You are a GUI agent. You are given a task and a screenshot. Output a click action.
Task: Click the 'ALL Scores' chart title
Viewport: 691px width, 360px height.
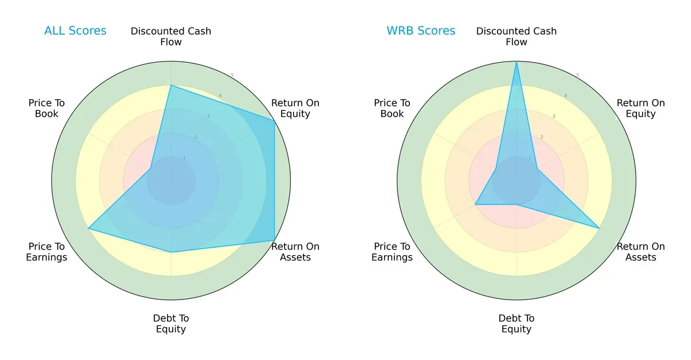[x=75, y=31]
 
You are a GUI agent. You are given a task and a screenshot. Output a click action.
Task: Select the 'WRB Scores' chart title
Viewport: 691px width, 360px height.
[x=421, y=31]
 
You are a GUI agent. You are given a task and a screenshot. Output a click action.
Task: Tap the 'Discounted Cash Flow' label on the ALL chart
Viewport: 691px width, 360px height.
[x=171, y=36]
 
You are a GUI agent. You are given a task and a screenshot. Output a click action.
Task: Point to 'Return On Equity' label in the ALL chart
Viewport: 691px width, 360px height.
[x=295, y=108]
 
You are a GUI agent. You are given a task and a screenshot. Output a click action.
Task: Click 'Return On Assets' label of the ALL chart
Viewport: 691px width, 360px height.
[x=295, y=252]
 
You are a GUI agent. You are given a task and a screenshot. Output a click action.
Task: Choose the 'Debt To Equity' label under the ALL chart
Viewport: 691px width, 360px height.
[x=171, y=324]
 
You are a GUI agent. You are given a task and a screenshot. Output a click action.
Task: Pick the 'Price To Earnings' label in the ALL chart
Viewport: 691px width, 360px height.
[x=47, y=252]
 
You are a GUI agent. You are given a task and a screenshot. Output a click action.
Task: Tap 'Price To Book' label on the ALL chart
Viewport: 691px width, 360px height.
[x=47, y=108]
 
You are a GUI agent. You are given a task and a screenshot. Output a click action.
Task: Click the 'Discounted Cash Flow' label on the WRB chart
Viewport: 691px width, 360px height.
[x=517, y=36]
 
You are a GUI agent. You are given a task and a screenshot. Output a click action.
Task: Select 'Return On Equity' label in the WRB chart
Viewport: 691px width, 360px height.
[x=641, y=108]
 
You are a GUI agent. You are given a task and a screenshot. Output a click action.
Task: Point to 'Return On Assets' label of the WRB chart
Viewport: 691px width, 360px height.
[x=641, y=252]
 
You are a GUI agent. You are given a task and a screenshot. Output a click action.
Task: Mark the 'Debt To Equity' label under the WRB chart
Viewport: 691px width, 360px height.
[x=517, y=324]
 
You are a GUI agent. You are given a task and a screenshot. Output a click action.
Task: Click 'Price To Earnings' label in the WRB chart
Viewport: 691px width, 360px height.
[x=392, y=252]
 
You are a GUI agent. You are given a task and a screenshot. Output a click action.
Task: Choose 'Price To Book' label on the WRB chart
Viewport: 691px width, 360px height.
[x=392, y=108]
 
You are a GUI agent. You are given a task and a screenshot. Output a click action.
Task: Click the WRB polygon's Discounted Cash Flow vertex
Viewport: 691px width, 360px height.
[x=517, y=62]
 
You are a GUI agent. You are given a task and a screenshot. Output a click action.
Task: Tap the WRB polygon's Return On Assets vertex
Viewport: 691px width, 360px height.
[x=599, y=228]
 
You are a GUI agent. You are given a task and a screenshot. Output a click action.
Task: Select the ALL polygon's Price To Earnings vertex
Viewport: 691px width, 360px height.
[x=88, y=229]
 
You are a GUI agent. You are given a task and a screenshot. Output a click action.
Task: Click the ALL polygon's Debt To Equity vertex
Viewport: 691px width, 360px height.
[x=171, y=252]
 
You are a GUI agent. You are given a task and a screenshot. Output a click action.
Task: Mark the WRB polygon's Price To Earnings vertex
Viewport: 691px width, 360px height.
[x=475, y=204]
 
